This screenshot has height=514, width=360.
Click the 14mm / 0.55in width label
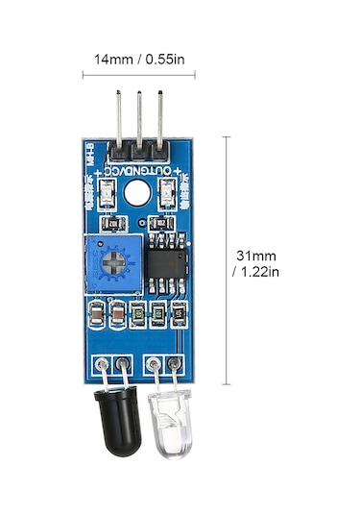pyautogui.click(x=138, y=59)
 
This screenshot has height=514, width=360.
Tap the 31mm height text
pyautogui.click(x=255, y=256)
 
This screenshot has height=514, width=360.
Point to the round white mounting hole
pyautogui.click(x=136, y=193)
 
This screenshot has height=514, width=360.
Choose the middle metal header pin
pyautogui.click(x=139, y=119)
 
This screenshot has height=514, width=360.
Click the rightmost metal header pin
pyautogui.click(x=160, y=119)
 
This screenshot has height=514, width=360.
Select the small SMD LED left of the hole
pyautogui.click(x=105, y=197)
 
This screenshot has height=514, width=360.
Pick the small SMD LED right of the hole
pyautogui.click(x=169, y=197)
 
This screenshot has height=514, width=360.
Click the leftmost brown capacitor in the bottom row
pyautogui.click(x=97, y=314)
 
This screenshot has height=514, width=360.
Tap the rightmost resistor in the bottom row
pyautogui.click(x=179, y=313)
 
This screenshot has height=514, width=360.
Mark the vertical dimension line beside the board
pyautogui.click(x=227, y=259)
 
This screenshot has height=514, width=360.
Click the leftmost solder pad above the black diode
pyautogui.click(x=100, y=364)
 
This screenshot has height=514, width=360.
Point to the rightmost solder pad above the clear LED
pyautogui.click(x=175, y=364)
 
